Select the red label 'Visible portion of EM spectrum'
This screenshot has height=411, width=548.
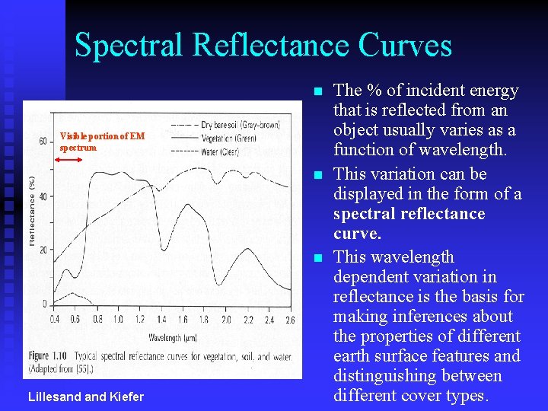click(x=102, y=142)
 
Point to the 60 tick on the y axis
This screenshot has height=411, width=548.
click(x=43, y=141)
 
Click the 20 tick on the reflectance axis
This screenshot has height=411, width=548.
click(x=43, y=250)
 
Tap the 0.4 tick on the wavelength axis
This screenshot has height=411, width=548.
click(x=54, y=319)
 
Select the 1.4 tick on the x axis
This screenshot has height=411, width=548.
click(x=161, y=319)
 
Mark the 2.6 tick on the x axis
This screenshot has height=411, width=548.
click(x=290, y=319)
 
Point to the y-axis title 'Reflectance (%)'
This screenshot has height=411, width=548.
click(x=32, y=211)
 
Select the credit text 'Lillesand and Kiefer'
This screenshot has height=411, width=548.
click(x=84, y=396)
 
